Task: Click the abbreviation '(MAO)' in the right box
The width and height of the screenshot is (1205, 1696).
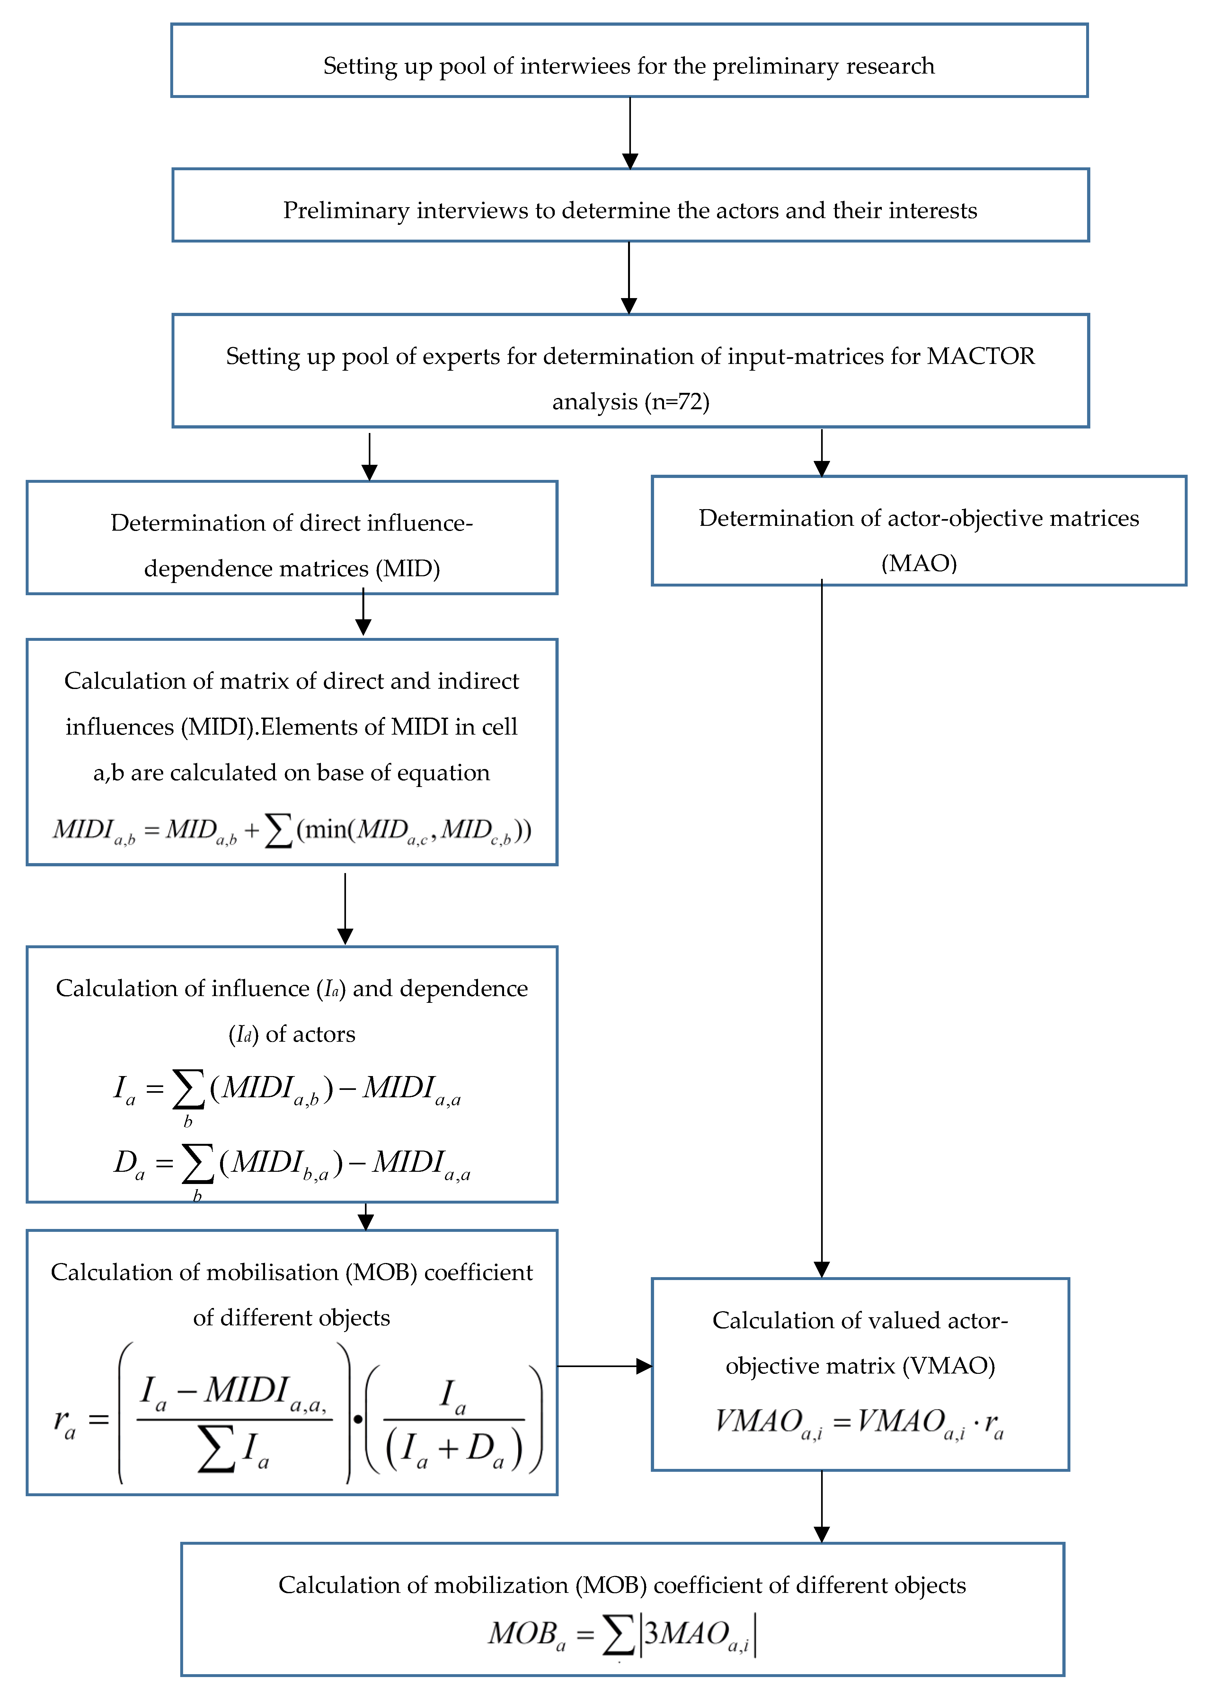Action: [918, 563]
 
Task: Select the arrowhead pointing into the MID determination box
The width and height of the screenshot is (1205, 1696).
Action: [369, 473]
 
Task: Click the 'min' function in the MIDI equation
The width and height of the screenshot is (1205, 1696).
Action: [326, 829]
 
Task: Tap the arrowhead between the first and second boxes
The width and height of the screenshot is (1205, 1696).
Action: [630, 161]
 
